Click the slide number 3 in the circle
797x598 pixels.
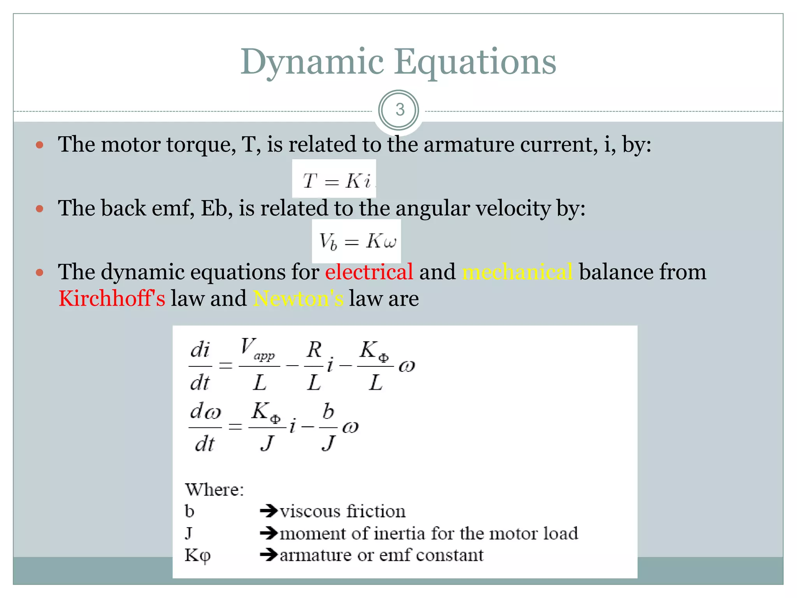[x=399, y=110]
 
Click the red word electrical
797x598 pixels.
[x=369, y=272]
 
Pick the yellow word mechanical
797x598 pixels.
[x=517, y=272]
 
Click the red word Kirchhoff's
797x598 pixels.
[x=112, y=299]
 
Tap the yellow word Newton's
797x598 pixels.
[x=298, y=299]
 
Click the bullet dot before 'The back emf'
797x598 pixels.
[x=39, y=209]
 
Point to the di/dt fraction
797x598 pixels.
[x=200, y=366]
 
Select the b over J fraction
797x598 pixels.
[x=328, y=427]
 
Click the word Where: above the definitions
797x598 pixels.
[x=214, y=490]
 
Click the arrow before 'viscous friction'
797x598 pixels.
[x=269, y=511]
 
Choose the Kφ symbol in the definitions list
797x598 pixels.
[x=197, y=556]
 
